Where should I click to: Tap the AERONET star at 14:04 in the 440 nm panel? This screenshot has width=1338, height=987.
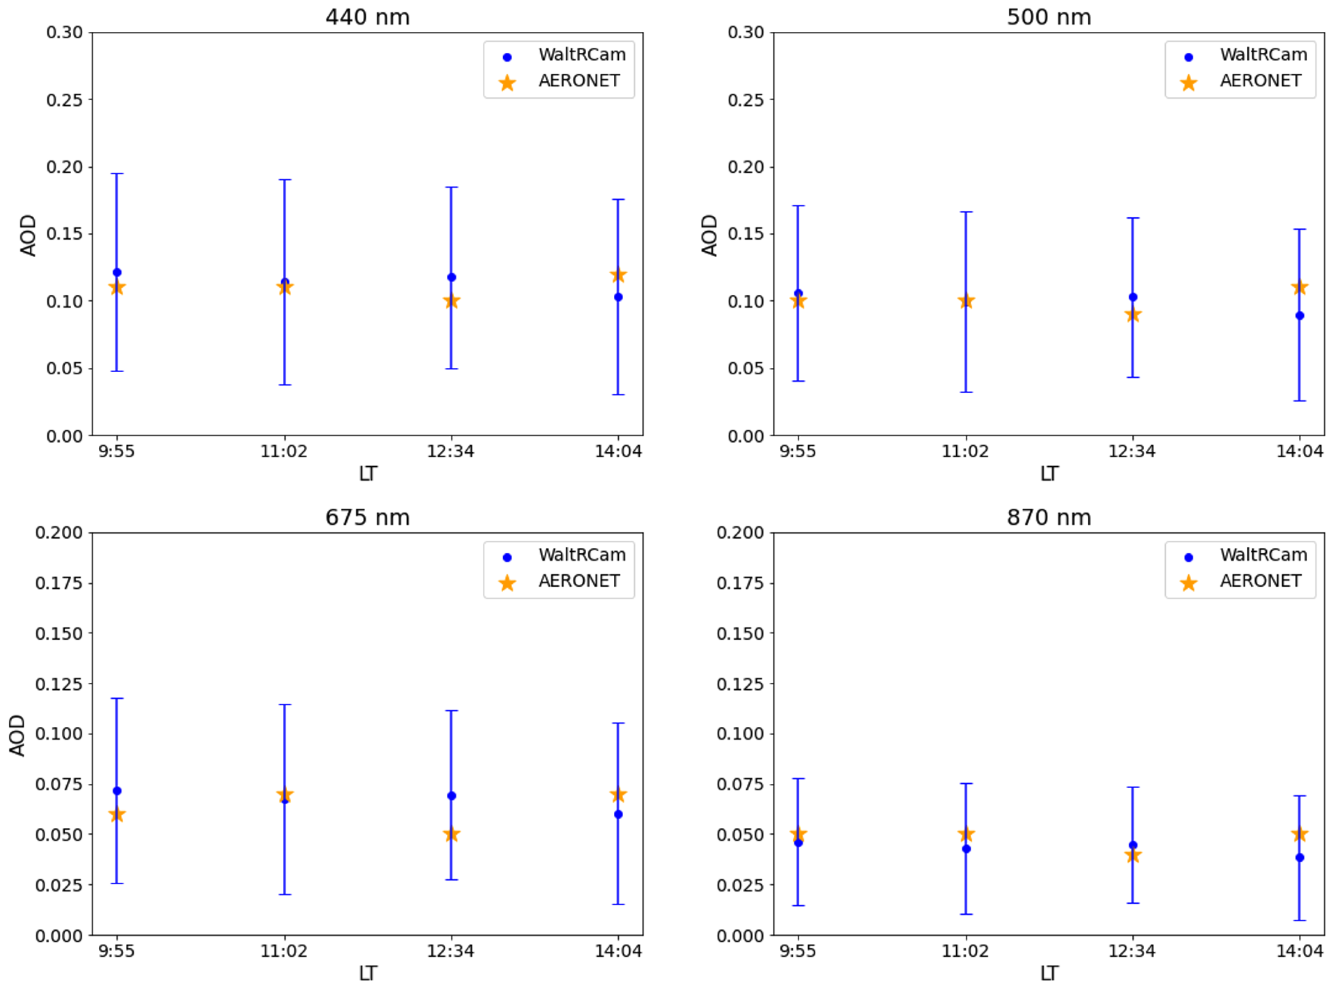618,275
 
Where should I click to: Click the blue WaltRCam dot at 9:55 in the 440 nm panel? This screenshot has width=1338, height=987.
117,273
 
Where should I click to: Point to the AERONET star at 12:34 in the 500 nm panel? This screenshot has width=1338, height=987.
1133,315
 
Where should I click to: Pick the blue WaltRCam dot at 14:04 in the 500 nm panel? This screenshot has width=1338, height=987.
1299,315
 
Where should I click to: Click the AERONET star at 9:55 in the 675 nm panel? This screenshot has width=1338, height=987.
117,814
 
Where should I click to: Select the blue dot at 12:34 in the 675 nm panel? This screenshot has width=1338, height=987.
452,796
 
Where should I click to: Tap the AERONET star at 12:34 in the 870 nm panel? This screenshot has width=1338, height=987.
1133,855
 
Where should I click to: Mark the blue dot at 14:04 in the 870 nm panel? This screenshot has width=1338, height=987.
1299,858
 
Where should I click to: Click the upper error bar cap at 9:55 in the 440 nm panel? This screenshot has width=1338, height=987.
117,174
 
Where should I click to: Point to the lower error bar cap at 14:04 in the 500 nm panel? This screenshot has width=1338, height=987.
1299,401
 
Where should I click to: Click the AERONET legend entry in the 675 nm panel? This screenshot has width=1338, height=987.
559,581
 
